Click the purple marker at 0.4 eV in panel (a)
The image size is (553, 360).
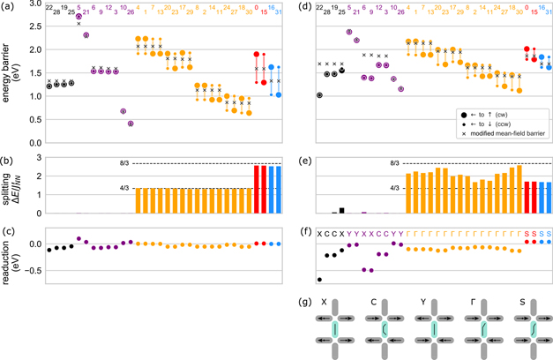(131, 124)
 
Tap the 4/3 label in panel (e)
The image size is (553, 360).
(394, 187)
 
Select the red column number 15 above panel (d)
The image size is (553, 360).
(535, 11)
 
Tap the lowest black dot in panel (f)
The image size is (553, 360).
(319, 280)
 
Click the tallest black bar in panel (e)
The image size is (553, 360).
(343, 211)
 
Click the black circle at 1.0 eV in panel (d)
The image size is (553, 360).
(319, 95)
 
